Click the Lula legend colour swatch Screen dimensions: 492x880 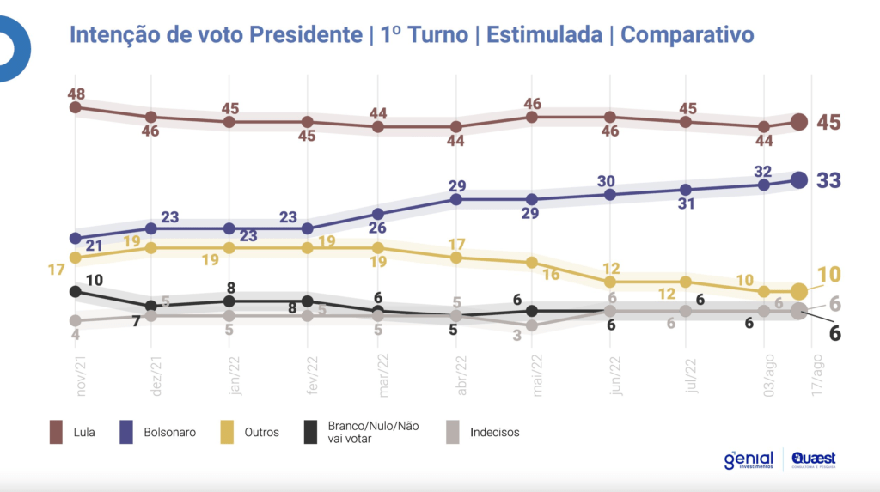pyautogui.click(x=58, y=432)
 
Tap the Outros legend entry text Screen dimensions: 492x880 pyautogui.click(x=262, y=432)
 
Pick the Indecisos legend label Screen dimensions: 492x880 pyautogui.click(x=495, y=432)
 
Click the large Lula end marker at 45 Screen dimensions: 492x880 pyautogui.click(x=798, y=122)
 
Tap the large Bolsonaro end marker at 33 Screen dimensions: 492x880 pyautogui.click(x=798, y=179)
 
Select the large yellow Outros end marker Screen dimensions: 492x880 pyautogui.click(x=798, y=291)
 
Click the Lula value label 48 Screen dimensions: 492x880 pyautogui.click(x=76, y=92)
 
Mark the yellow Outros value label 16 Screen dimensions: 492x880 pyautogui.click(x=550, y=275)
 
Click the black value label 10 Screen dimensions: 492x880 pyautogui.click(x=94, y=280)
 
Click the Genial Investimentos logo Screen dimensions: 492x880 pyautogui.click(x=749, y=460)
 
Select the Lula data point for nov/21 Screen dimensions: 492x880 pyautogui.click(x=76, y=107)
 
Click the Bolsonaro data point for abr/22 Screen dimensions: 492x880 pyautogui.click(x=457, y=199)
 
